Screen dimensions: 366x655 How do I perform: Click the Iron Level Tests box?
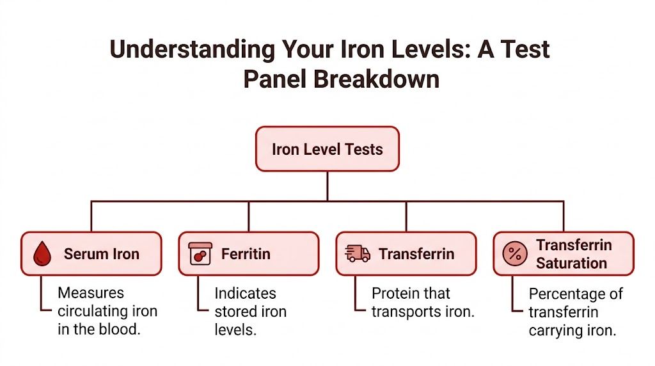click(x=327, y=149)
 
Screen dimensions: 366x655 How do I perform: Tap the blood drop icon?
click(x=42, y=254)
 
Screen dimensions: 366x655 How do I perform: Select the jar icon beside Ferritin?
click(x=200, y=254)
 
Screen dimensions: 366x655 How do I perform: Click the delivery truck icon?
click(x=358, y=254)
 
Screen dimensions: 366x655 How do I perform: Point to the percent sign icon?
click(x=514, y=254)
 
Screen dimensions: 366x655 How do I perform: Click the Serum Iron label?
click(x=101, y=254)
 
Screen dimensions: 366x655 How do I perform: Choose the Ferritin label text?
click(x=246, y=254)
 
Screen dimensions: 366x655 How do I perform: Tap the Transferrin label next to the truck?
click(x=416, y=254)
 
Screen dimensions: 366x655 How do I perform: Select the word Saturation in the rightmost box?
click(x=571, y=263)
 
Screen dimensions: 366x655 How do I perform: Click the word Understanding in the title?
click(x=190, y=49)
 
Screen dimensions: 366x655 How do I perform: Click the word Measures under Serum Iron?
click(x=91, y=293)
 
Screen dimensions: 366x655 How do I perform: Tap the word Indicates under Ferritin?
click(x=245, y=293)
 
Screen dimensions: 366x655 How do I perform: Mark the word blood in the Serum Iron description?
click(x=124, y=331)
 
